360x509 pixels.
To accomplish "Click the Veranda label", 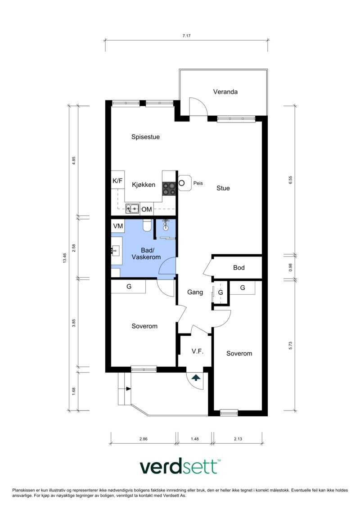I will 225,92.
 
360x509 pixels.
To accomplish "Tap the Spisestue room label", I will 145,137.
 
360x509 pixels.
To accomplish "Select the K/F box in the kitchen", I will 117,181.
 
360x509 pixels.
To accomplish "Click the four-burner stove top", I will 169,188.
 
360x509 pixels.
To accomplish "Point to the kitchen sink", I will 132,208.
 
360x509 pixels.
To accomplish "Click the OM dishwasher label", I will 147,209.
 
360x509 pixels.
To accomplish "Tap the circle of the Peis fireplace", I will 182,183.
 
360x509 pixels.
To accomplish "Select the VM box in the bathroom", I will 118,225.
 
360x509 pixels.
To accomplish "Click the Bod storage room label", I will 239,268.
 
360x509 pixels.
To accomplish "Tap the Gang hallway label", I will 195,292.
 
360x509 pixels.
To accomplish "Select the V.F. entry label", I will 198,351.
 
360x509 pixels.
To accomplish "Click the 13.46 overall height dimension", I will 65,258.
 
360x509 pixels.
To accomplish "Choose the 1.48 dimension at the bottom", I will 194,439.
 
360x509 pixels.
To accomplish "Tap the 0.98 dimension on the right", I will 291,267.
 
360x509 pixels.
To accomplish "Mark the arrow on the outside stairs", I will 129,388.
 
